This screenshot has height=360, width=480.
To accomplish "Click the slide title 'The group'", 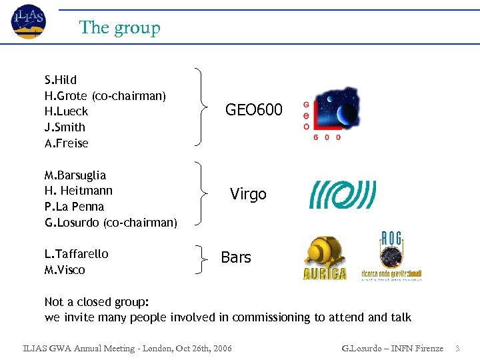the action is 120,27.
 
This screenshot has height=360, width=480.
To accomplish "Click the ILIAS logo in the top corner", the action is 29,21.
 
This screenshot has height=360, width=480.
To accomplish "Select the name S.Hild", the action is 61,80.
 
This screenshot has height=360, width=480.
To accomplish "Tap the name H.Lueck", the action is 66,111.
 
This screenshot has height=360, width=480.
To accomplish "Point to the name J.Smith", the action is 65,127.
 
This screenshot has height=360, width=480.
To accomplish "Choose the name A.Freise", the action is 66,143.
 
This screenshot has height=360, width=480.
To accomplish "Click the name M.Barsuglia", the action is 75,175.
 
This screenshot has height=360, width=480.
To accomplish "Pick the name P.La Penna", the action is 75,206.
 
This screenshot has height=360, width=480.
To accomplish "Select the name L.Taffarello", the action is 76,253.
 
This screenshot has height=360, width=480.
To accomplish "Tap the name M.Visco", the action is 65,269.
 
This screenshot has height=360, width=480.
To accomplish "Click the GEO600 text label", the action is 253,109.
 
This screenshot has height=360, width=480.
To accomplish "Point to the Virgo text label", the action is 248,194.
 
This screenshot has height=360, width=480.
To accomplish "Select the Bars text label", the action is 236,257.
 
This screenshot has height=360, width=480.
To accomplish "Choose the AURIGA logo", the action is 324,258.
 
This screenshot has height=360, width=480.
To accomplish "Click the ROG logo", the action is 391,257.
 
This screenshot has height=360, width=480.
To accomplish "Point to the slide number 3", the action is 458,348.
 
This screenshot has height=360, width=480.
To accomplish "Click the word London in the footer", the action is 164,348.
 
